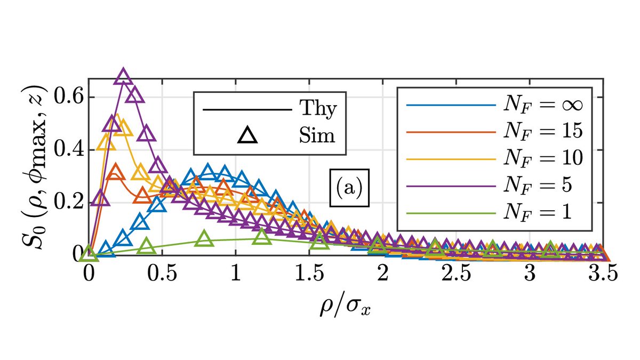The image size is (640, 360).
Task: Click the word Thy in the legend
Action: click(x=317, y=110)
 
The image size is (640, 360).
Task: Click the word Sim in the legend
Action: click(x=317, y=136)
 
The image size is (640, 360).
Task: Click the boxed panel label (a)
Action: click(x=349, y=188)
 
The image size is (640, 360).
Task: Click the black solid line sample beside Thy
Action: click(x=246, y=110)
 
